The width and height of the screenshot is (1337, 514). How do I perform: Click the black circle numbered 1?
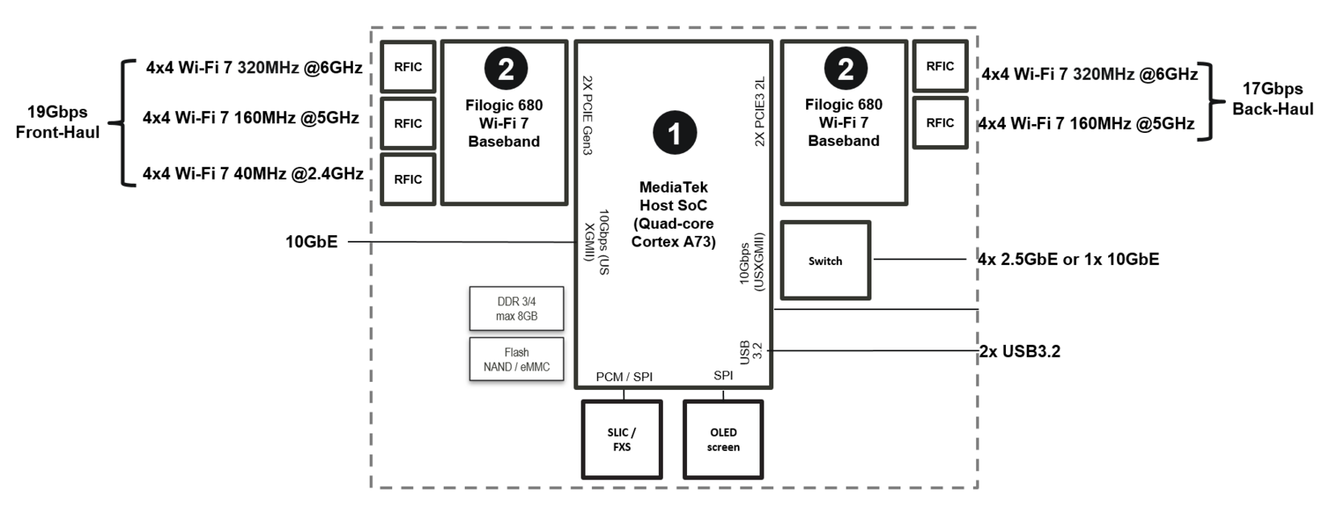[x=674, y=133]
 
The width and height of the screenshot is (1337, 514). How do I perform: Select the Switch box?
[x=826, y=260]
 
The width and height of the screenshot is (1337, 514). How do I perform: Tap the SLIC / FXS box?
[x=621, y=439]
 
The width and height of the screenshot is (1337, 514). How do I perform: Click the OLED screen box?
[x=722, y=439]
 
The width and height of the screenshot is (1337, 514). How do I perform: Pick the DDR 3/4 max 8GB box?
[x=516, y=309]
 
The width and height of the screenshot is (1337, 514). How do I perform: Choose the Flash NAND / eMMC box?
[x=516, y=359]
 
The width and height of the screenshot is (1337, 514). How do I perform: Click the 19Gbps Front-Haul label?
[x=57, y=122]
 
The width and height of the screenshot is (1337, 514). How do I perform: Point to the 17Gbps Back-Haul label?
[x=1273, y=99]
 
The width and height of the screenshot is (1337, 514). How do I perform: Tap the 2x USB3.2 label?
[x=1020, y=351]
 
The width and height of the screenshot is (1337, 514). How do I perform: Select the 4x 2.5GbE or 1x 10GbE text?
[x=1068, y=259]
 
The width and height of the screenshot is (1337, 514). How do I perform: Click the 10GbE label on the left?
[x=311, y=242]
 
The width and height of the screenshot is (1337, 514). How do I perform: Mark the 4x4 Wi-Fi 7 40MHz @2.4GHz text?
[x=253, y=173]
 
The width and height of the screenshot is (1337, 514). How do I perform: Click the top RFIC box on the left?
[x=408, y=67]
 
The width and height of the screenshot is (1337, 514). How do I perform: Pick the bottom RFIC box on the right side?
[x=940, y=122]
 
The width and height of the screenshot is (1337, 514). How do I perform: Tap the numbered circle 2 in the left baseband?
[x=506, y=69]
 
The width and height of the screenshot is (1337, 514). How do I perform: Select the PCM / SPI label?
[x=624, y=376]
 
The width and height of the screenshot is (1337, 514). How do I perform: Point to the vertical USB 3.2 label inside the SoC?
[x=750, y=351]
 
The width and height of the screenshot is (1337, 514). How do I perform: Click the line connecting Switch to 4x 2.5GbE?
[x=918, y=259]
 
